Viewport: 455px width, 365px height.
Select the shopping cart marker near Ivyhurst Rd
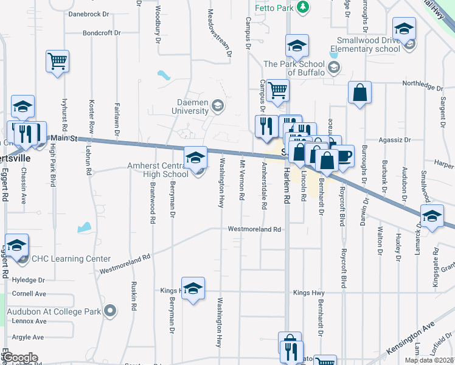point(57,60)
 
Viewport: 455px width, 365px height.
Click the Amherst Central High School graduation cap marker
point(195,158)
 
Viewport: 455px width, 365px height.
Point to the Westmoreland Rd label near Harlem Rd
point(254,229)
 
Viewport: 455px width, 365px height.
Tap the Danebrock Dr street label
point(89,13)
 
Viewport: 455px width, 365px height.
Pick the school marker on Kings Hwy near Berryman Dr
point(193,288)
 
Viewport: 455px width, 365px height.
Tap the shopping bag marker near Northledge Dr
point(359,92)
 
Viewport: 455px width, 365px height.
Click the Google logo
point(20,358)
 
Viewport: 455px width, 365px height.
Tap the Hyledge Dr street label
point(29,280)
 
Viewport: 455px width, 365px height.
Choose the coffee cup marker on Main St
point(344,156)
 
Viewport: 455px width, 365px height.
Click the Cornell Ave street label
point(29,293)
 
